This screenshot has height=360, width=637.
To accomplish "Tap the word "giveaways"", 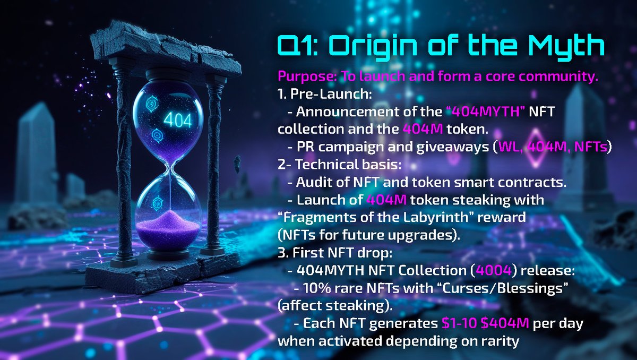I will coord(446,147).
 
